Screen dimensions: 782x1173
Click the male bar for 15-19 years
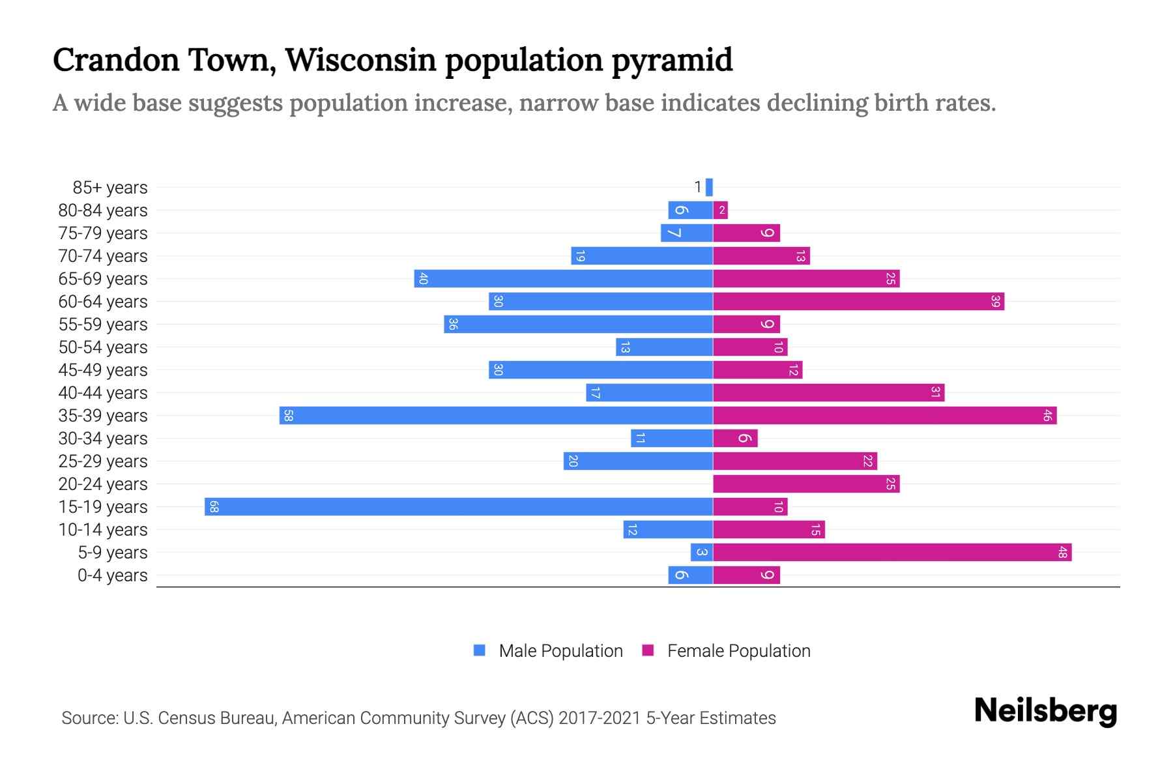click(458, 507)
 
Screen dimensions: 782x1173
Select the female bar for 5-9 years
click(892, 553)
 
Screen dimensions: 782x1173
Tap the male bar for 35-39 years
click(496, 416)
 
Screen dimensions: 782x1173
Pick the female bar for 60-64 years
click(858, 302)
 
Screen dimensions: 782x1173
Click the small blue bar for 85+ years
click(709, 188)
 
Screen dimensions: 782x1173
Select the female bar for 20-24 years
click(806, 484)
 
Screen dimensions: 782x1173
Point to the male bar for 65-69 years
click(563, 279)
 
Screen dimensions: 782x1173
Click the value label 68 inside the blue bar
click(214, 507)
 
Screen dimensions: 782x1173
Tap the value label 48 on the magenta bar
click(1062, 553)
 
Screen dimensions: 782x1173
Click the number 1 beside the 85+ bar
click(697, 188)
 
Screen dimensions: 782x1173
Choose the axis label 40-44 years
click(103, 393)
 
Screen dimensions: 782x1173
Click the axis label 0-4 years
click(112, 575)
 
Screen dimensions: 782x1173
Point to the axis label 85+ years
click(110, 188)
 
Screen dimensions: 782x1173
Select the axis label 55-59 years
click(103, 325)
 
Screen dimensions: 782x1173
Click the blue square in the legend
click(480, 650)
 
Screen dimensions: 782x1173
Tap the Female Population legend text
click(738, 651)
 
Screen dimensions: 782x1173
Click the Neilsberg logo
click(1045, 711)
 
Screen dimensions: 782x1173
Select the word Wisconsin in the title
click(360, 60)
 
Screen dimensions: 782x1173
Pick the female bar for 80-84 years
click(720, 210)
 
